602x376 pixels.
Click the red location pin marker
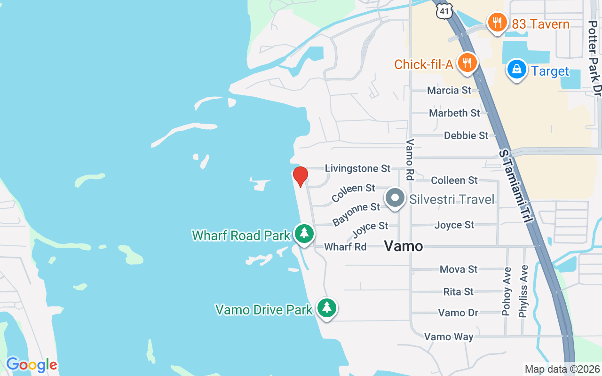(300, 176)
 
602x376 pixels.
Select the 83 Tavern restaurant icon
(497, 22)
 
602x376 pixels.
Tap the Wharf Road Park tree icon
(304, 233)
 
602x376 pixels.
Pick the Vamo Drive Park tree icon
(326, 308)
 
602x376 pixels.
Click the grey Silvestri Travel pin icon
(396, 198)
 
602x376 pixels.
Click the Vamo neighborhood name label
(404, 246)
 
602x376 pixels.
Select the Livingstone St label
(358, 168)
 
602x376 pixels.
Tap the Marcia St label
(449, 90)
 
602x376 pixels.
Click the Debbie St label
(466, 135)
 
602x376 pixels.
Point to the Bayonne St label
(356, 214)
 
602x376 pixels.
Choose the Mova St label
(459, 269)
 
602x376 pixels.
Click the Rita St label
(459, 292)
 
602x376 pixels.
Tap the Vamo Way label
(449, 337)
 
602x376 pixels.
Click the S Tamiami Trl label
(516, 187)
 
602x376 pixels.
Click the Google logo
(32, 365)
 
